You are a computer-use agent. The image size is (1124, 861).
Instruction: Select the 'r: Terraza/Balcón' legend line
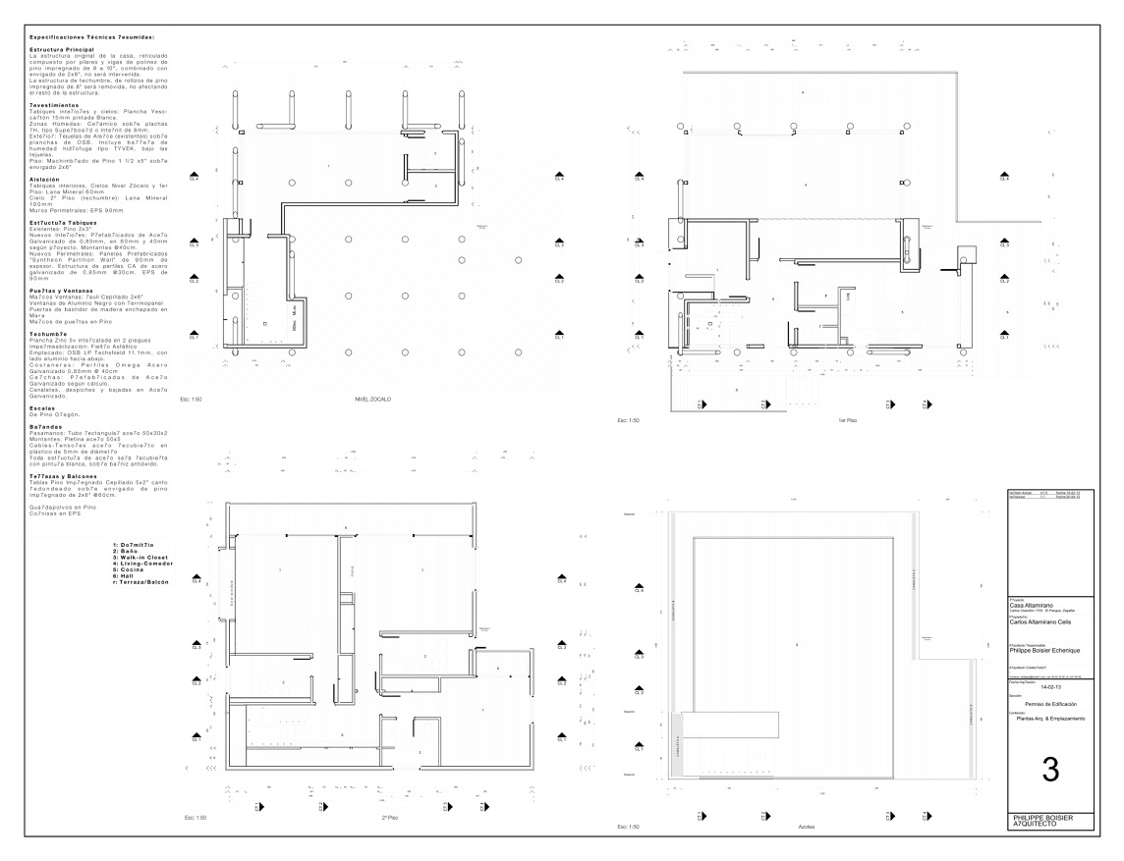point(140,582)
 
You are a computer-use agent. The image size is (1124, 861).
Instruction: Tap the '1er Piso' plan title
point(848,420)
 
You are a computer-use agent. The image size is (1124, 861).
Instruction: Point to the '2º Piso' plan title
point(390,817)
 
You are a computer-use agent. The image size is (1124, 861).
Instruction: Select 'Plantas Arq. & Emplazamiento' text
point(1050,720)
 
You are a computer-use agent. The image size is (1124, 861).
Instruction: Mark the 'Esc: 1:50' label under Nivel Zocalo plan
point(190,402)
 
